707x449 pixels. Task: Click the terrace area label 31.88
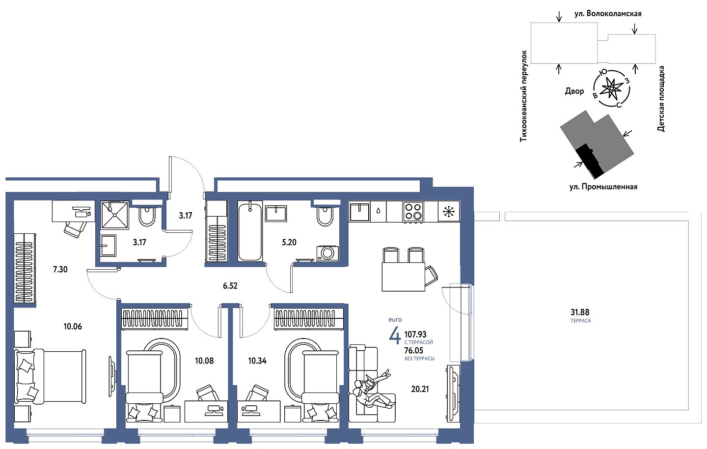coord(580,312)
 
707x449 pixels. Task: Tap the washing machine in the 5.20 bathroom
coord(327,253)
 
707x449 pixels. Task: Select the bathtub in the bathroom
coord(250,231)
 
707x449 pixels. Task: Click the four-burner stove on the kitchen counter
coord(413,211)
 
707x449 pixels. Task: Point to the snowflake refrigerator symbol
coord(449,211)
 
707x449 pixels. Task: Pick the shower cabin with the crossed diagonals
coord(114,215)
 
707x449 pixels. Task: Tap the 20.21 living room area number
coord(420,389)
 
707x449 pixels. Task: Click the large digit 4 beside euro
coord(395,336)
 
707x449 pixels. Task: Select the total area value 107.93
coord(415,334)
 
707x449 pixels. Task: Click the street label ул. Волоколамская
coord(608,14)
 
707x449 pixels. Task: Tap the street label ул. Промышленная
coord(603,187)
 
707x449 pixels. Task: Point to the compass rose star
coord(611,89)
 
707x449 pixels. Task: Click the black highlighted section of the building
coord(589,161)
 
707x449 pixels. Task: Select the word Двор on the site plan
coord(574,91)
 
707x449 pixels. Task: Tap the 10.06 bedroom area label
coord(73,327)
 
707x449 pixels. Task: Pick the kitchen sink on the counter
coord(359,212)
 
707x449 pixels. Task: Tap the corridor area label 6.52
coord(230,286)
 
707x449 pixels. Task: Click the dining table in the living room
coord(404,277)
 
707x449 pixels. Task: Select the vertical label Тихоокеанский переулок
coord(523,96)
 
